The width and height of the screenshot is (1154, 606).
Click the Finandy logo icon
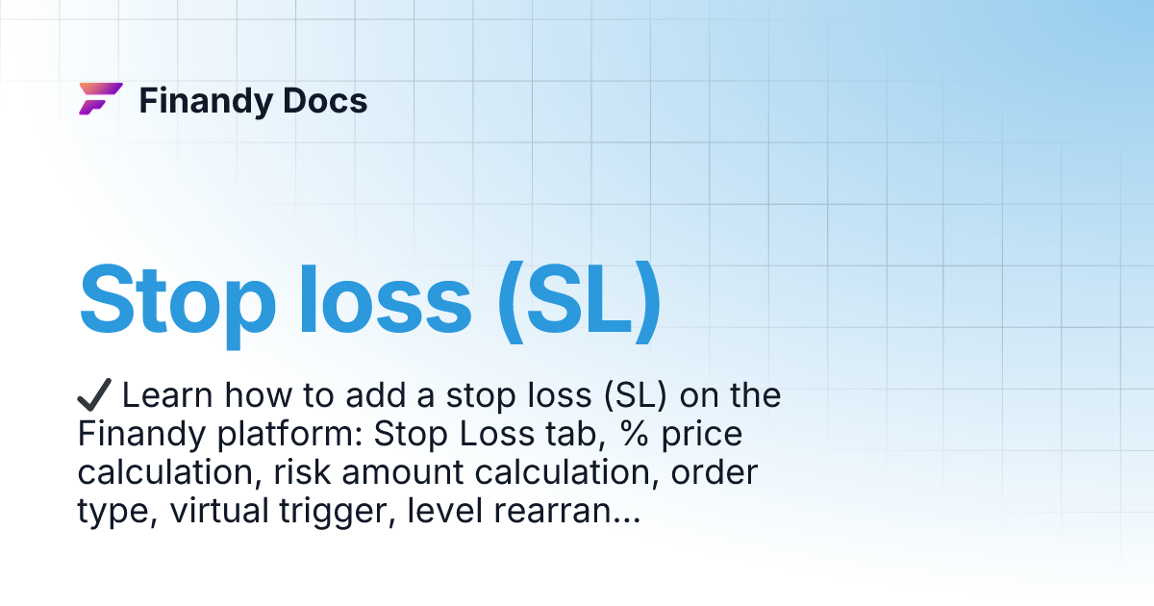[x=100, y=99]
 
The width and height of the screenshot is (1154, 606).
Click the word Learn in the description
[x=168, y=395]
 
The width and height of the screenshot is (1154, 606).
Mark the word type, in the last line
[x=116, y=513]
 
